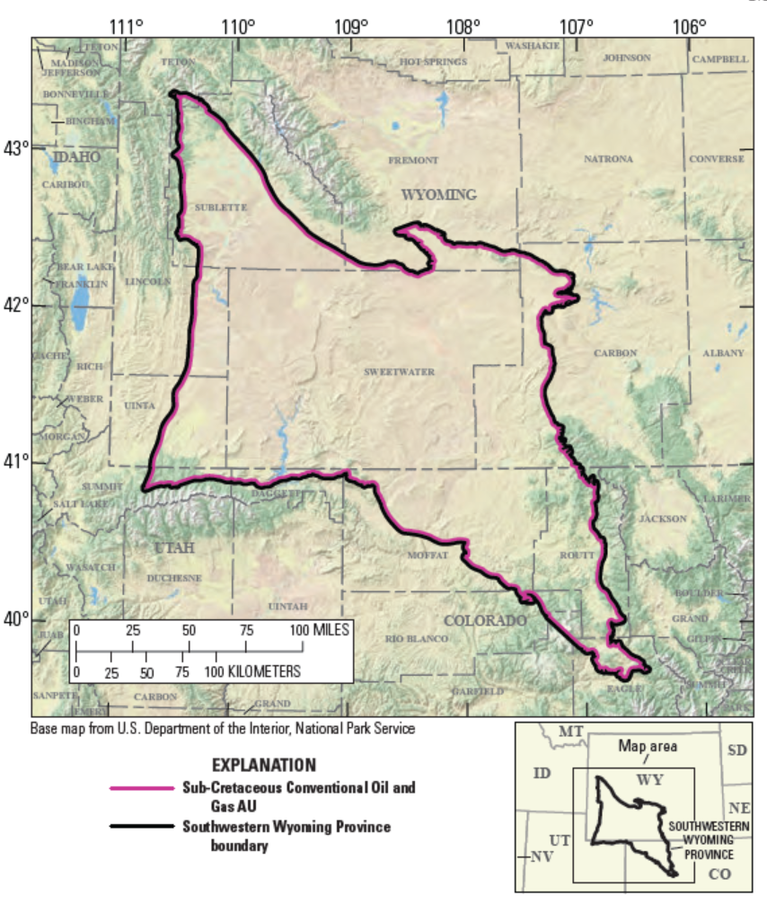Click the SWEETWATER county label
pyautogui.click(x=399, y=371)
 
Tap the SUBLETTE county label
pyautogui.click(x=220, y=207)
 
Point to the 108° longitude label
pyautogui.click(x=463, y=25)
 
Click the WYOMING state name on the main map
pyautogui.click(x=438, y=194)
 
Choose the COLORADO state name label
pyautogui.click(x=484, y=621)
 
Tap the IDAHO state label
pyautogui.click(x=76, y=157)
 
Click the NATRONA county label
pyautogui.click(x=608, y=159)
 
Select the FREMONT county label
pyautogui.click(x=413, y=160)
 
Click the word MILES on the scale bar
pyautogui.click(x=330, y=630)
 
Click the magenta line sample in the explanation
pyautogui.click(x=140, y=788)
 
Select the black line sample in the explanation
pyautogui.click(x=140, y=825)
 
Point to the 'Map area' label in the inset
pyautogui.click(x=647, y=746)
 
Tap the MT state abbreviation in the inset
pyautogui.click(x=571, y=732)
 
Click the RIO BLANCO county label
pyautogui.click(x=416, y=639)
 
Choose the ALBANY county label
pyautogui.click(x=723, y=353)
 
